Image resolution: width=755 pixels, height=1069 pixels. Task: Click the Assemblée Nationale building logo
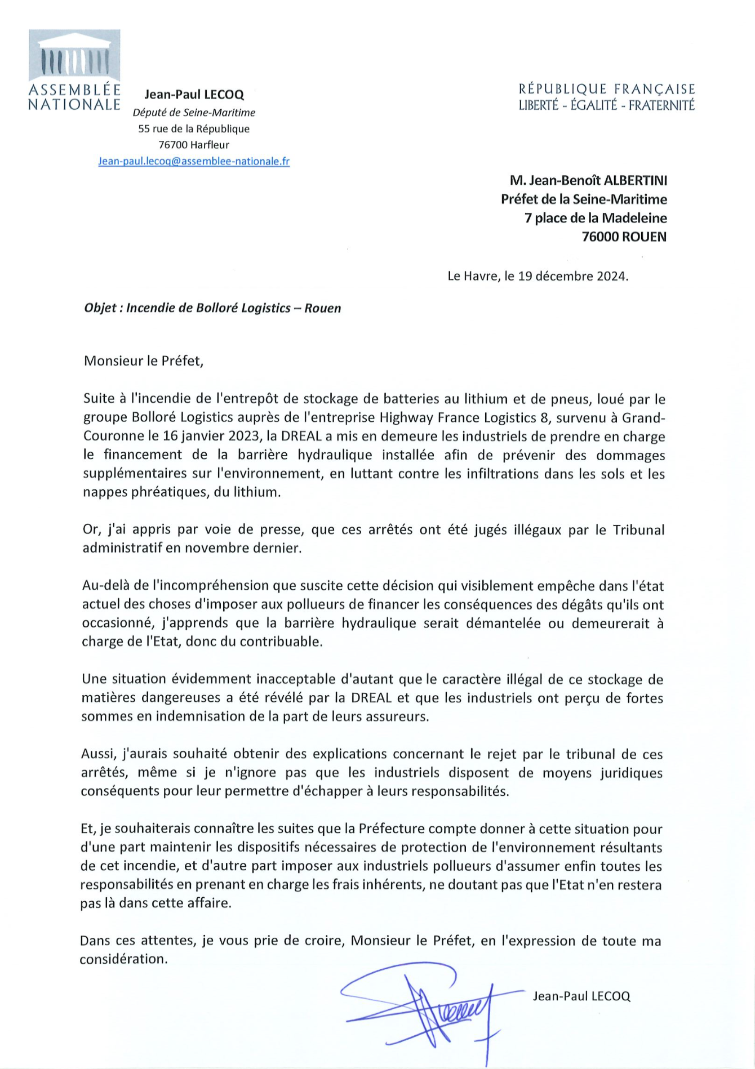(74, 56)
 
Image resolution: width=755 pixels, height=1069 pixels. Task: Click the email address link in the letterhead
(194, 161)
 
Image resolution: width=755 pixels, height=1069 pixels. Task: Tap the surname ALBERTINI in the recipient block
(635, 180)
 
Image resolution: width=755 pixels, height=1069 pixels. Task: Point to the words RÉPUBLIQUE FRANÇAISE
(607, 89)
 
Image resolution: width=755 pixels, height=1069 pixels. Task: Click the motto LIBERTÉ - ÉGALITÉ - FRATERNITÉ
(607, 105)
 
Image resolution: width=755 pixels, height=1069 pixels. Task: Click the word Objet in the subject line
(100, 308)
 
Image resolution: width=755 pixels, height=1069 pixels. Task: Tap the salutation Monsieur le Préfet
(143, 360)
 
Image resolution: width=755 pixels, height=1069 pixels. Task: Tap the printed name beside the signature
(581, 996)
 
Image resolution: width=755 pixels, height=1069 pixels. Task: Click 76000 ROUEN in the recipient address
(624, 237)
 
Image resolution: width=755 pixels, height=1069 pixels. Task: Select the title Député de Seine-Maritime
(194, 113)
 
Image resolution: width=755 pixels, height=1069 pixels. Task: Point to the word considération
(123, 959)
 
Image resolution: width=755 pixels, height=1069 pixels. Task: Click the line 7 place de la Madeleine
(596, 218)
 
